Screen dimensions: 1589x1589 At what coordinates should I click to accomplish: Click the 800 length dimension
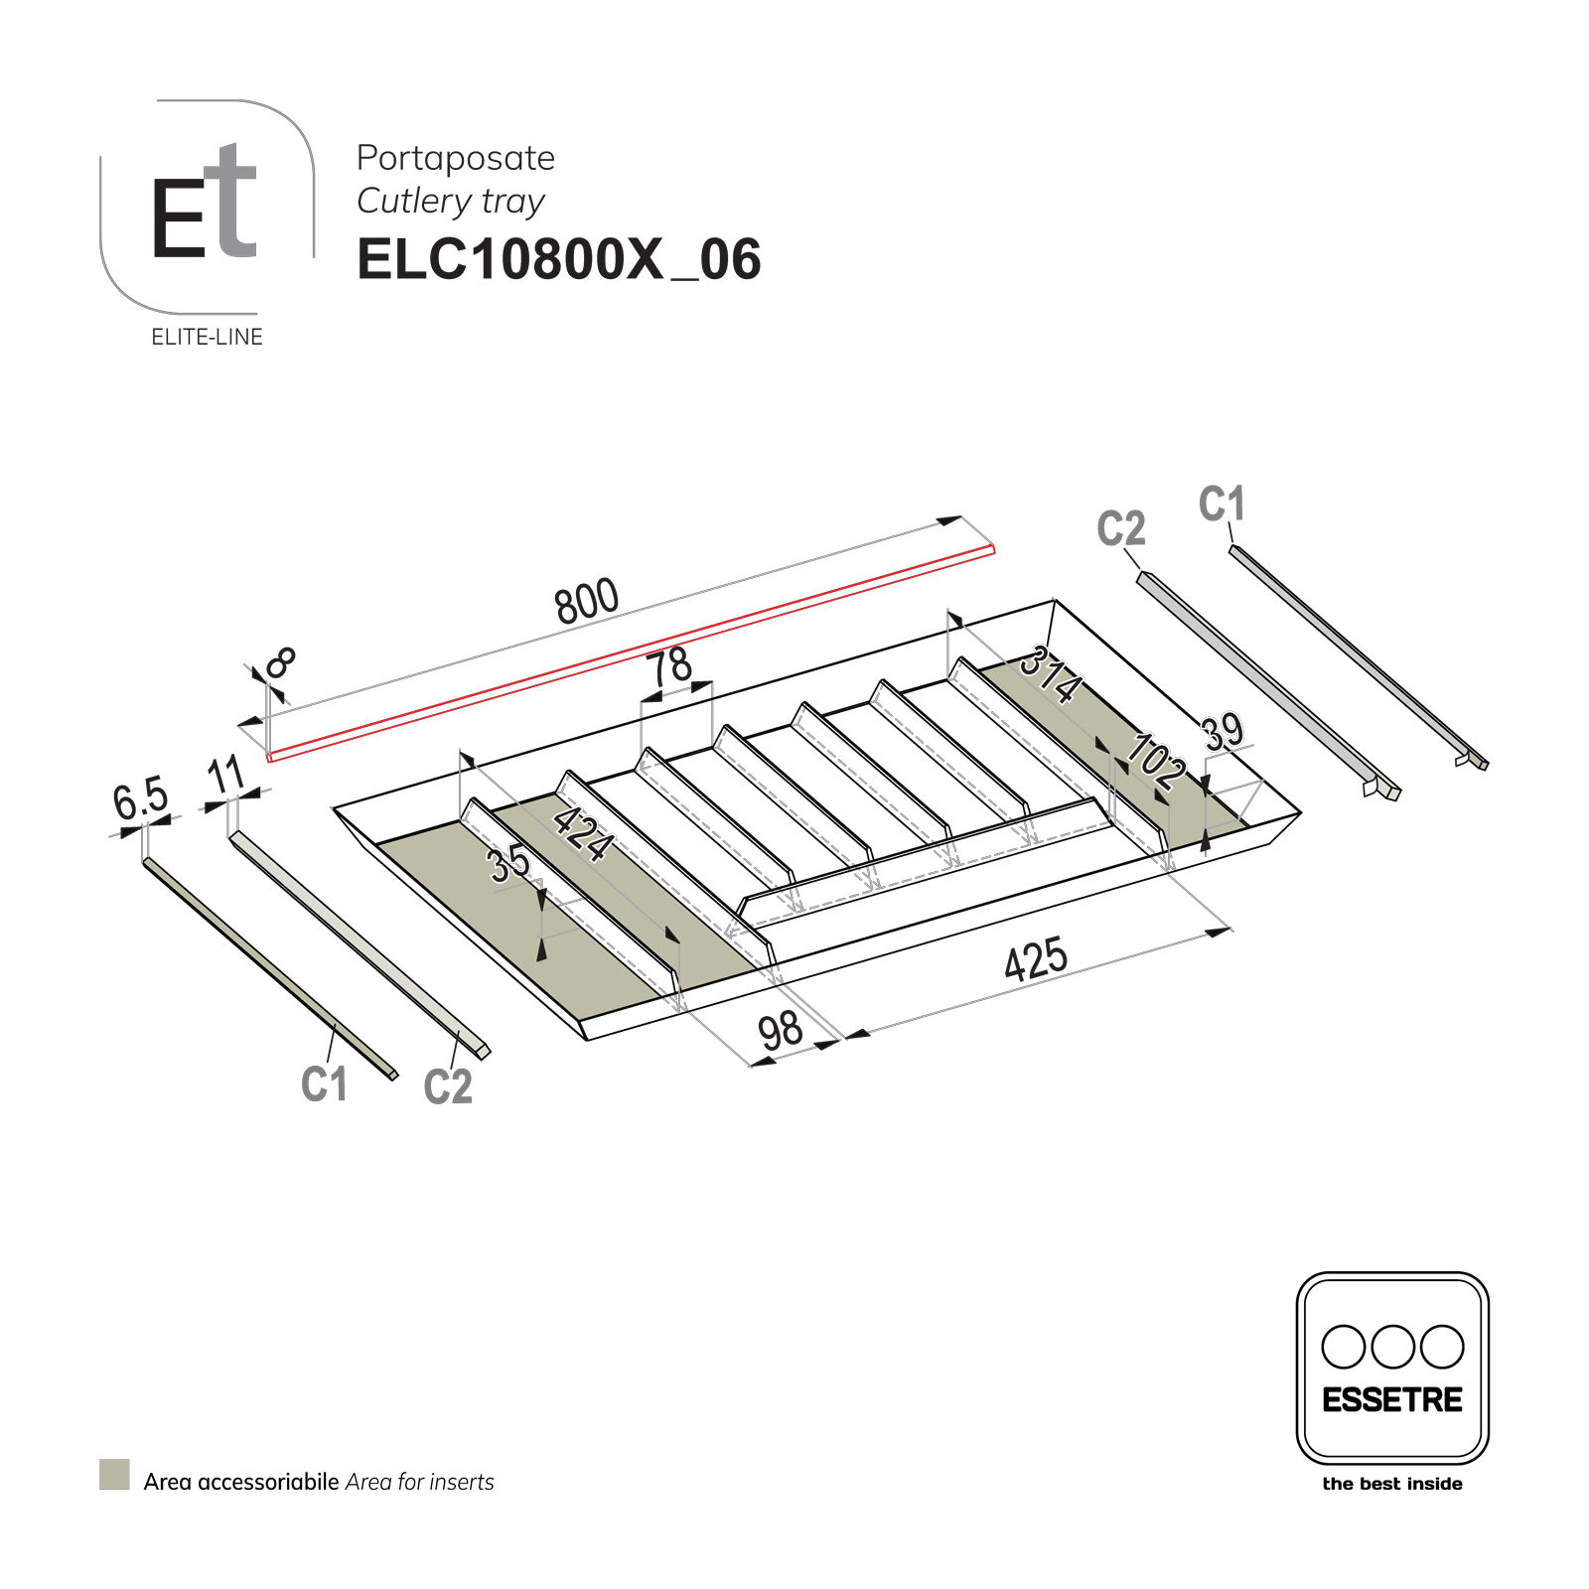click(x=587, y=601)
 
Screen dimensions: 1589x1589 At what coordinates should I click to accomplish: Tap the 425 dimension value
click(x=1036, y=958)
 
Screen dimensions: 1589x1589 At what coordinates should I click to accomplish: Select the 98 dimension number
click(x=781, y=1030)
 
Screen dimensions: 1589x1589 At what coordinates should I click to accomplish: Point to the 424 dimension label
click(x=583, y=833)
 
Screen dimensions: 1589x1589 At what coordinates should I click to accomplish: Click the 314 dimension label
click(x=1051, y=673)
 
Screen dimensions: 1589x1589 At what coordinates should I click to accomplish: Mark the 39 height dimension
click(x=1223, y=732)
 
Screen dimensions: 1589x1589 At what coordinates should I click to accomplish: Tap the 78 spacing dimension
click(x=671, y=664)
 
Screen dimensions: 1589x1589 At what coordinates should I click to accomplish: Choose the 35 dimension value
click(x=509, y=863)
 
